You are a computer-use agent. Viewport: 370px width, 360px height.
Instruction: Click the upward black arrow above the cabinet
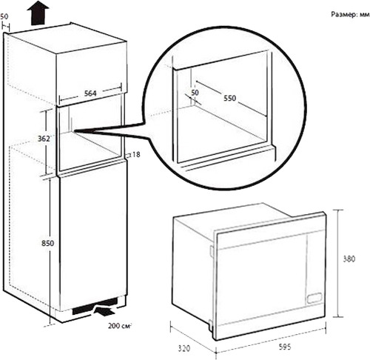coord(38,13)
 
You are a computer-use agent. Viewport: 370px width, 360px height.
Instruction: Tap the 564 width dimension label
coord(90,93)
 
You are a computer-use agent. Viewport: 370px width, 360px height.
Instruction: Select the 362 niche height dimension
coord(44,139)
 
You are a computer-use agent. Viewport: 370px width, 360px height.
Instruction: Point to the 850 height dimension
coord(47,243)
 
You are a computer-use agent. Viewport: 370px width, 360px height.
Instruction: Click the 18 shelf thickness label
coord(136,155)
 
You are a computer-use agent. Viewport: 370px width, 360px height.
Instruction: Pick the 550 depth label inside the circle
coord(229,99)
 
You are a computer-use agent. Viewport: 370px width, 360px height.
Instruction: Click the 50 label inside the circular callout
coord(195,93)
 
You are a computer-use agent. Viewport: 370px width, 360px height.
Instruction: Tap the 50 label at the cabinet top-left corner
coord(4,16)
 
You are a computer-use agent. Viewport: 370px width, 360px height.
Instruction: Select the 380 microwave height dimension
coord(349,259)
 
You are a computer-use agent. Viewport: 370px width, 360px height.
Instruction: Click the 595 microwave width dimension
coord(285,347)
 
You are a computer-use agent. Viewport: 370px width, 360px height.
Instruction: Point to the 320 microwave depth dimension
coord(184,348)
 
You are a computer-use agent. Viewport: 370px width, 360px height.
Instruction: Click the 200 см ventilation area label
coord(119,326)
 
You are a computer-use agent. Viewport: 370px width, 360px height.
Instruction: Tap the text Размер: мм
coord(350,15)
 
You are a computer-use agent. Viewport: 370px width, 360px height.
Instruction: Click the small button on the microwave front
coord(314,298)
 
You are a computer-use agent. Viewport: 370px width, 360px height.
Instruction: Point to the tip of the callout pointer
coord(75,131)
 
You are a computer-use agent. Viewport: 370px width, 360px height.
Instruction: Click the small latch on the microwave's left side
coord(211,251)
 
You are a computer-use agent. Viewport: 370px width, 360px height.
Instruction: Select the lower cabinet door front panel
coord(93,236)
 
